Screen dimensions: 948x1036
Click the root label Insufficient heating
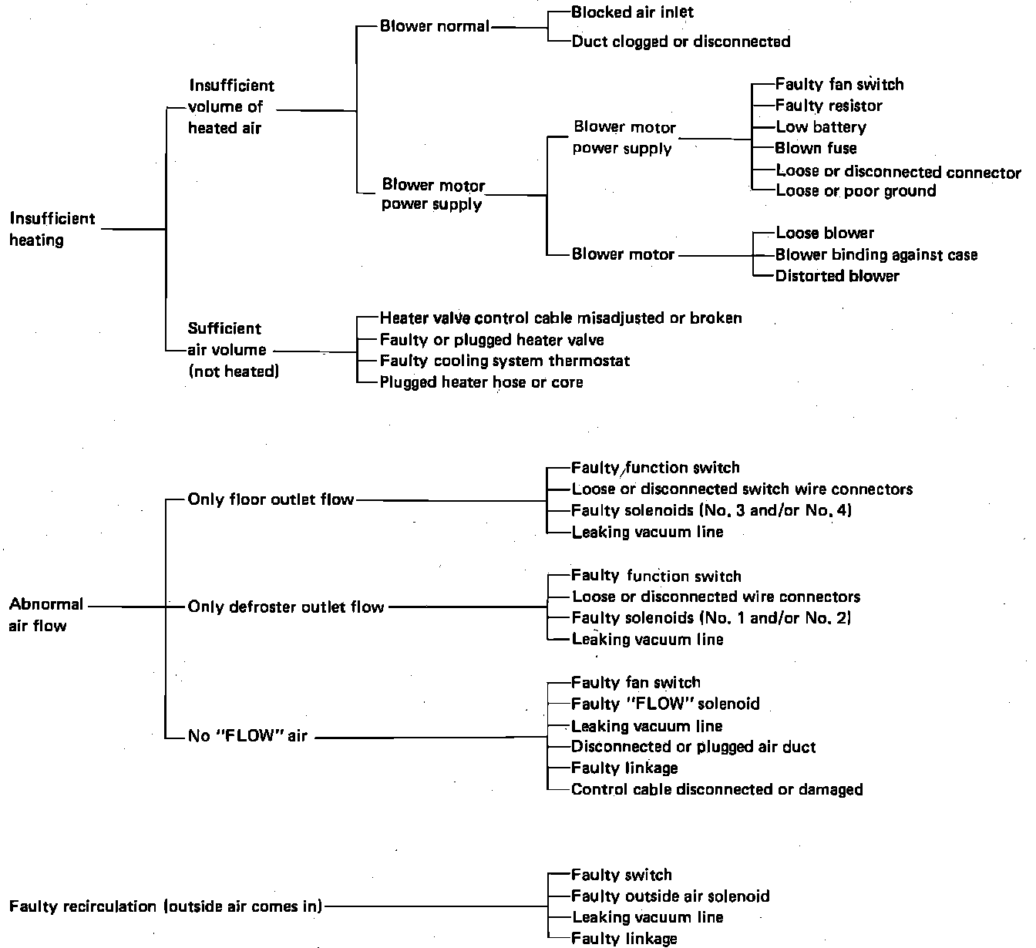[x=52, y=229]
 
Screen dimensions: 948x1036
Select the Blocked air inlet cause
[x=632, y=12]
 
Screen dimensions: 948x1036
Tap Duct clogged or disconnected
[x=681, y=42]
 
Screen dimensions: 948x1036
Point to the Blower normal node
[x=435, y=26]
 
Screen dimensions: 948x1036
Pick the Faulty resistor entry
[x=829, y=106]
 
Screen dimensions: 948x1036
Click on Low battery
[x=821, y=127]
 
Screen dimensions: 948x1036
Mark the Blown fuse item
[x=816, y=148]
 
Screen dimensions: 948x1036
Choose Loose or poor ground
[x=856, y=191]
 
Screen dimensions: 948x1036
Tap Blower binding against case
[x=876, y=254]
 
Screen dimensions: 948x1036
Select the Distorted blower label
[x=837, y=276]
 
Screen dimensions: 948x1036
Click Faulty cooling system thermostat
[x=505, y=361]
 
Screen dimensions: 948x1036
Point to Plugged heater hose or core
[x=481, y=382]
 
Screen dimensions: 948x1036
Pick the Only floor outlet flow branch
[x=271, y=499]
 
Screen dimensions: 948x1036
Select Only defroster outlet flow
[x=286, y=607]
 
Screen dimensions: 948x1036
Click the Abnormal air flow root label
[x=46, y=615]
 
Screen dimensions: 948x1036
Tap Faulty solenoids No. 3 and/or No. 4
[x=711, y=510]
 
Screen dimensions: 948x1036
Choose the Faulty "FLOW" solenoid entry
[x=665, y=704]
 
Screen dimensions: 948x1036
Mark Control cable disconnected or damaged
[x=717, y=789]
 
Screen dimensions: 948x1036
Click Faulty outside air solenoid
[x=671, y=896]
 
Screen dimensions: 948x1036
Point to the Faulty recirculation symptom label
[x=166, y=906]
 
